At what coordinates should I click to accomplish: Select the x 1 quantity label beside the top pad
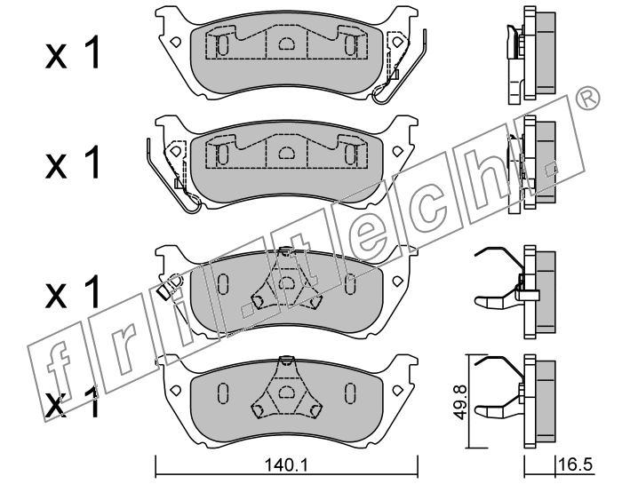(x=74, y=56)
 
